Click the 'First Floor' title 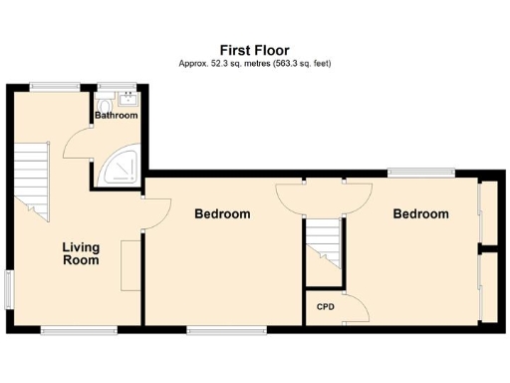coord(254,48)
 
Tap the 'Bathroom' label coord(117,116)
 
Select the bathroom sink coord(127,98)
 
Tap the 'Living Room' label coord(81,253)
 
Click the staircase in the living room coord(33,180)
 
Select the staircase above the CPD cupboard coord(323,243)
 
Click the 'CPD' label coord(325,306)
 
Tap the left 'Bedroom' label coord(222,213)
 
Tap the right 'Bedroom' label coord(420,213)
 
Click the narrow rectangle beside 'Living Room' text coord(128,265)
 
